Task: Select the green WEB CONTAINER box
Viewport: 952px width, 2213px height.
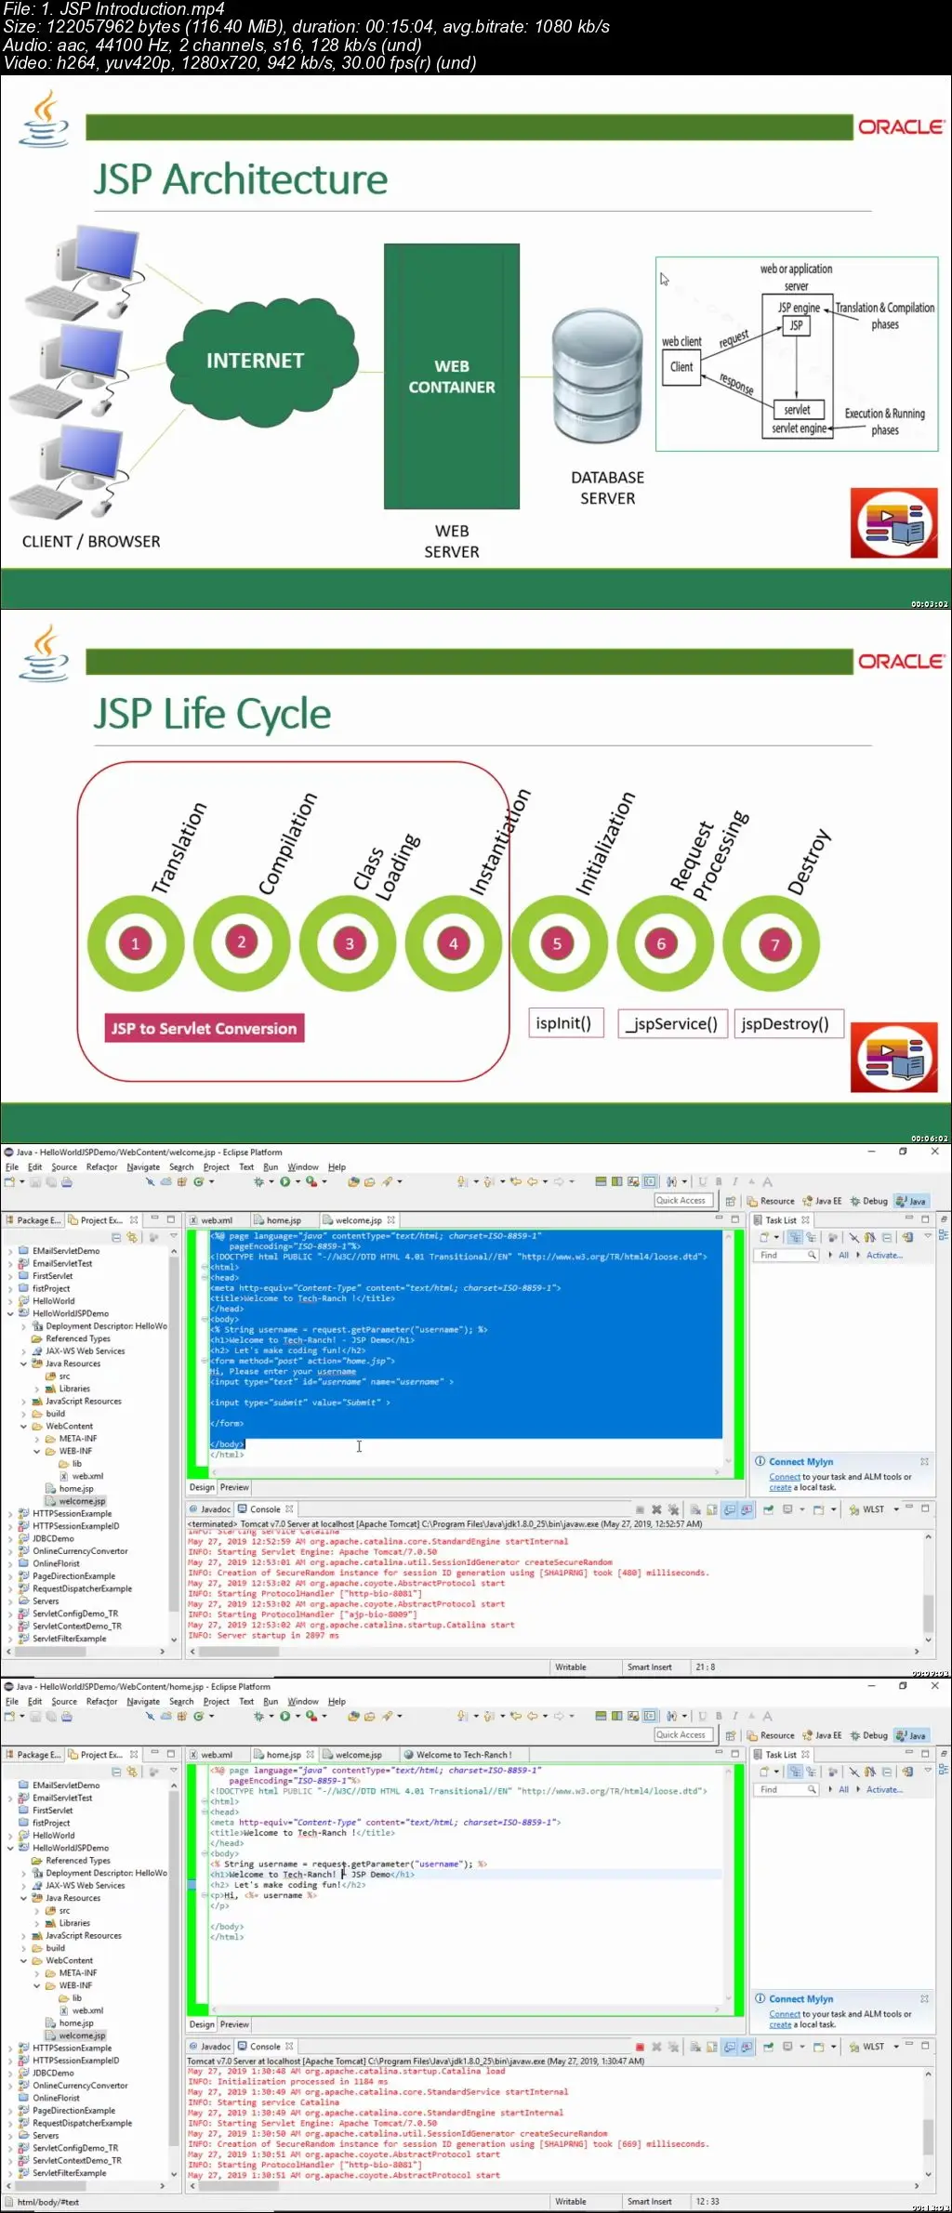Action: click(x=452, y=376)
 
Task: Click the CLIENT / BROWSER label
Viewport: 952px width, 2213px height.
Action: click(x=91, y=542)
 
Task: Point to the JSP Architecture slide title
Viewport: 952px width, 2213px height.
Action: click(x=240, y=179)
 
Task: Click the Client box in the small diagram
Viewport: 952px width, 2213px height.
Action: click(x=681, y=367)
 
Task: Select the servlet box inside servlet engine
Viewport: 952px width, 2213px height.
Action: click(x=797, y=410)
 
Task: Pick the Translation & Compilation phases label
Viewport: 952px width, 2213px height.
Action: click(x=884, y=316)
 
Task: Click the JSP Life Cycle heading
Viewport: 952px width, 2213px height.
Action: click(x=212, y=714)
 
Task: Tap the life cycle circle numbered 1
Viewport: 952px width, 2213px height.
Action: click(x=135, y=943)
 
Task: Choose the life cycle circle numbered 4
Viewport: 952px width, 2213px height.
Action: click(x=454, y=943)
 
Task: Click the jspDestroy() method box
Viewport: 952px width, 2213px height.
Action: click(x=786, y=1024)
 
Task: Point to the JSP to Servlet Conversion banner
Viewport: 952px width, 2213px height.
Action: click(x=204, y=1029)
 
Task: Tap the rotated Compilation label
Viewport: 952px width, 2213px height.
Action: click(x=287, y=843)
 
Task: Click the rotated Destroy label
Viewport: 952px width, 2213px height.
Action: click(x=808, y=862)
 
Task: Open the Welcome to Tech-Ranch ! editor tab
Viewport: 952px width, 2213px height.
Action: click(x=463, y=1755)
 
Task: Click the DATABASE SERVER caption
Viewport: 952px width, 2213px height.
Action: click(x=607, y=488)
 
